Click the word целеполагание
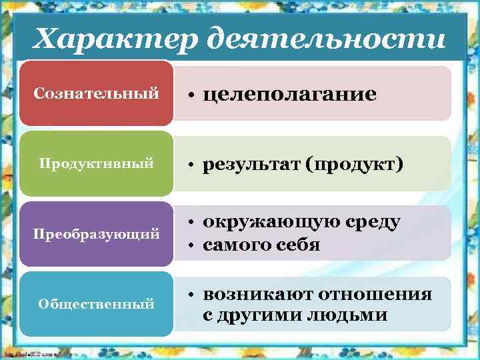pos(289,95)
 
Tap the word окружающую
pos(273,222)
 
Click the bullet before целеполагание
pos(191,96)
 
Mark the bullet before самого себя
pos(191,246)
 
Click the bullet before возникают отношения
pos(191,295)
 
